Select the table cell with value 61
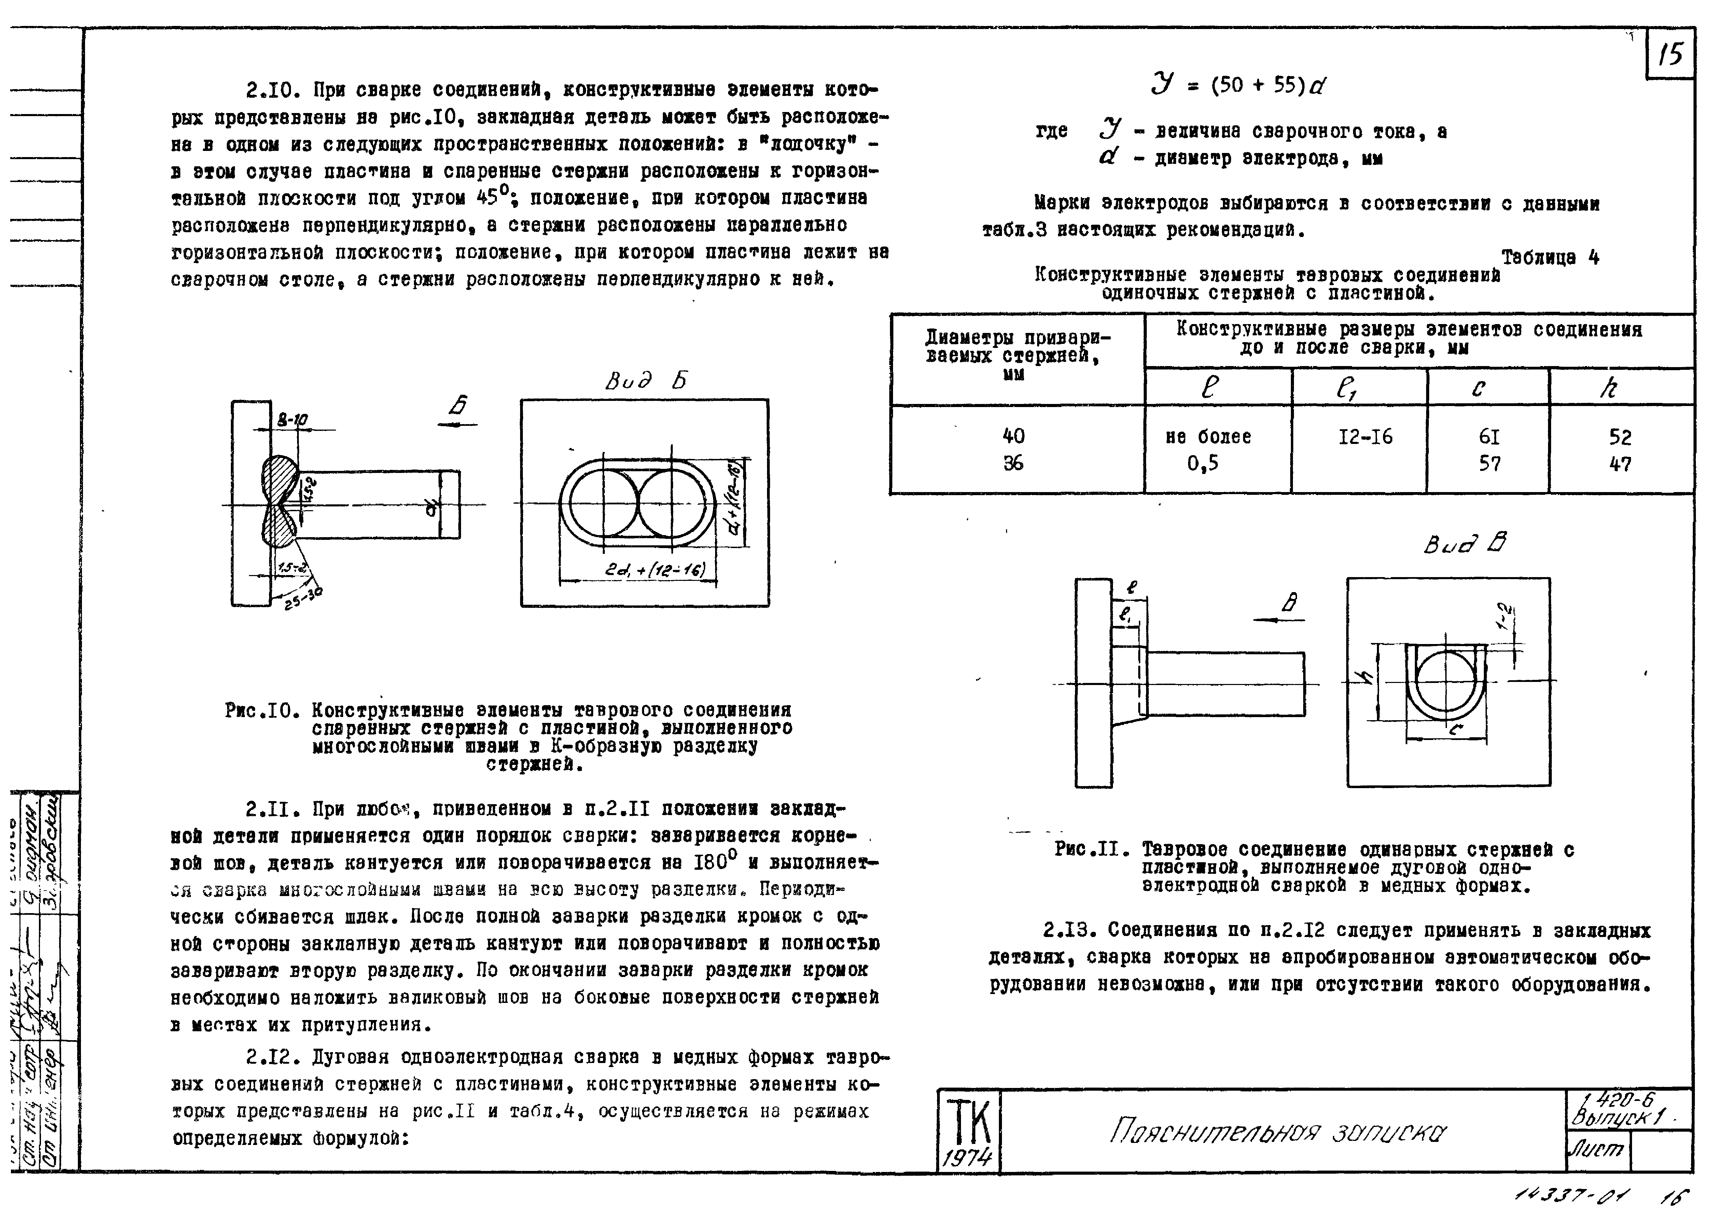click(1489, 437)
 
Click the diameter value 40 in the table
click(1014, 436)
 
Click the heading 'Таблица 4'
click(1549, 257)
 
